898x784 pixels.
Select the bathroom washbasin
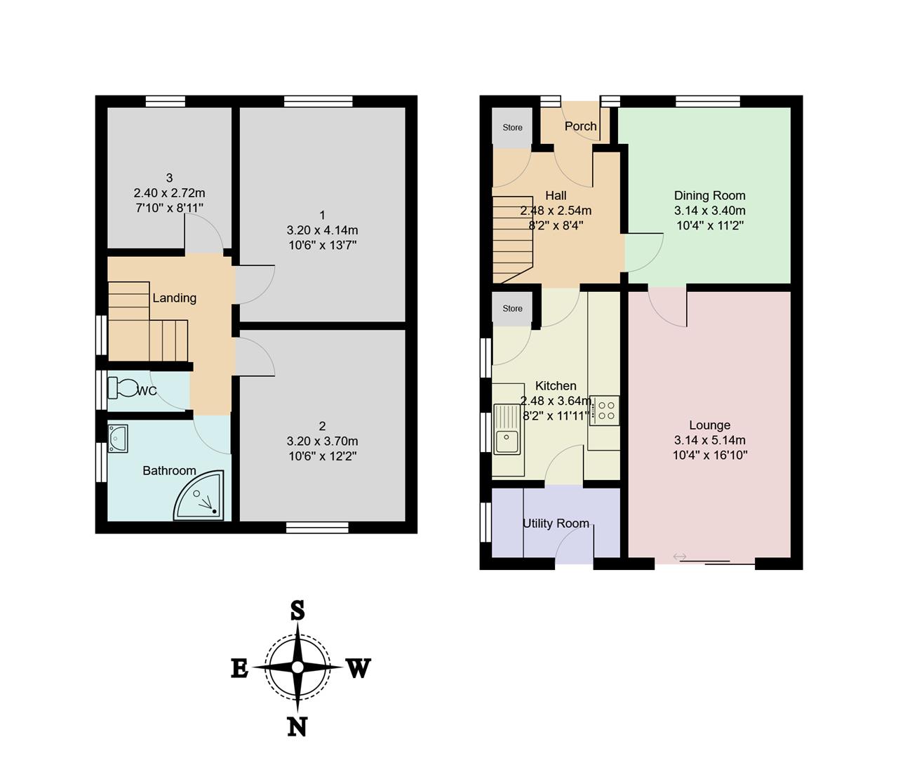click(x=118, y=438)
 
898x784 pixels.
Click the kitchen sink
click(x=507, y=429)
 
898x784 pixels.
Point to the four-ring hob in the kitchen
click(x=605, y=411)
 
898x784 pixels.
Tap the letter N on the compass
click(x=297, y=726)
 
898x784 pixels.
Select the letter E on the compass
click(x=240, y=670)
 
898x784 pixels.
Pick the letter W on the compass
click(x=359, y=667)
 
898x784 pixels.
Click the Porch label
click(x=580, y=126)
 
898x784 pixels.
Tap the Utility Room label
click(x=556, y=524)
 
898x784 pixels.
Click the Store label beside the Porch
click(x=512, y=127)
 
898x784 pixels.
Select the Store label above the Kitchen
click(x=512, y=309)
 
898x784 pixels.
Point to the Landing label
click(x=174, y=298)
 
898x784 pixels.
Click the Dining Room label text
click(x=710, y=195)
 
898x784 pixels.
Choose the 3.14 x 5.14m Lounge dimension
click(x=710, y=440)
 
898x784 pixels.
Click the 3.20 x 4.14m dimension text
click(x=322, y=230)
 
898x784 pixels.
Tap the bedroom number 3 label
click(x=169, y=178)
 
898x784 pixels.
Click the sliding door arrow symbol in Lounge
click(x=679, y=557)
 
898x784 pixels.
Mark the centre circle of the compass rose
click(x=297, y=667)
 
